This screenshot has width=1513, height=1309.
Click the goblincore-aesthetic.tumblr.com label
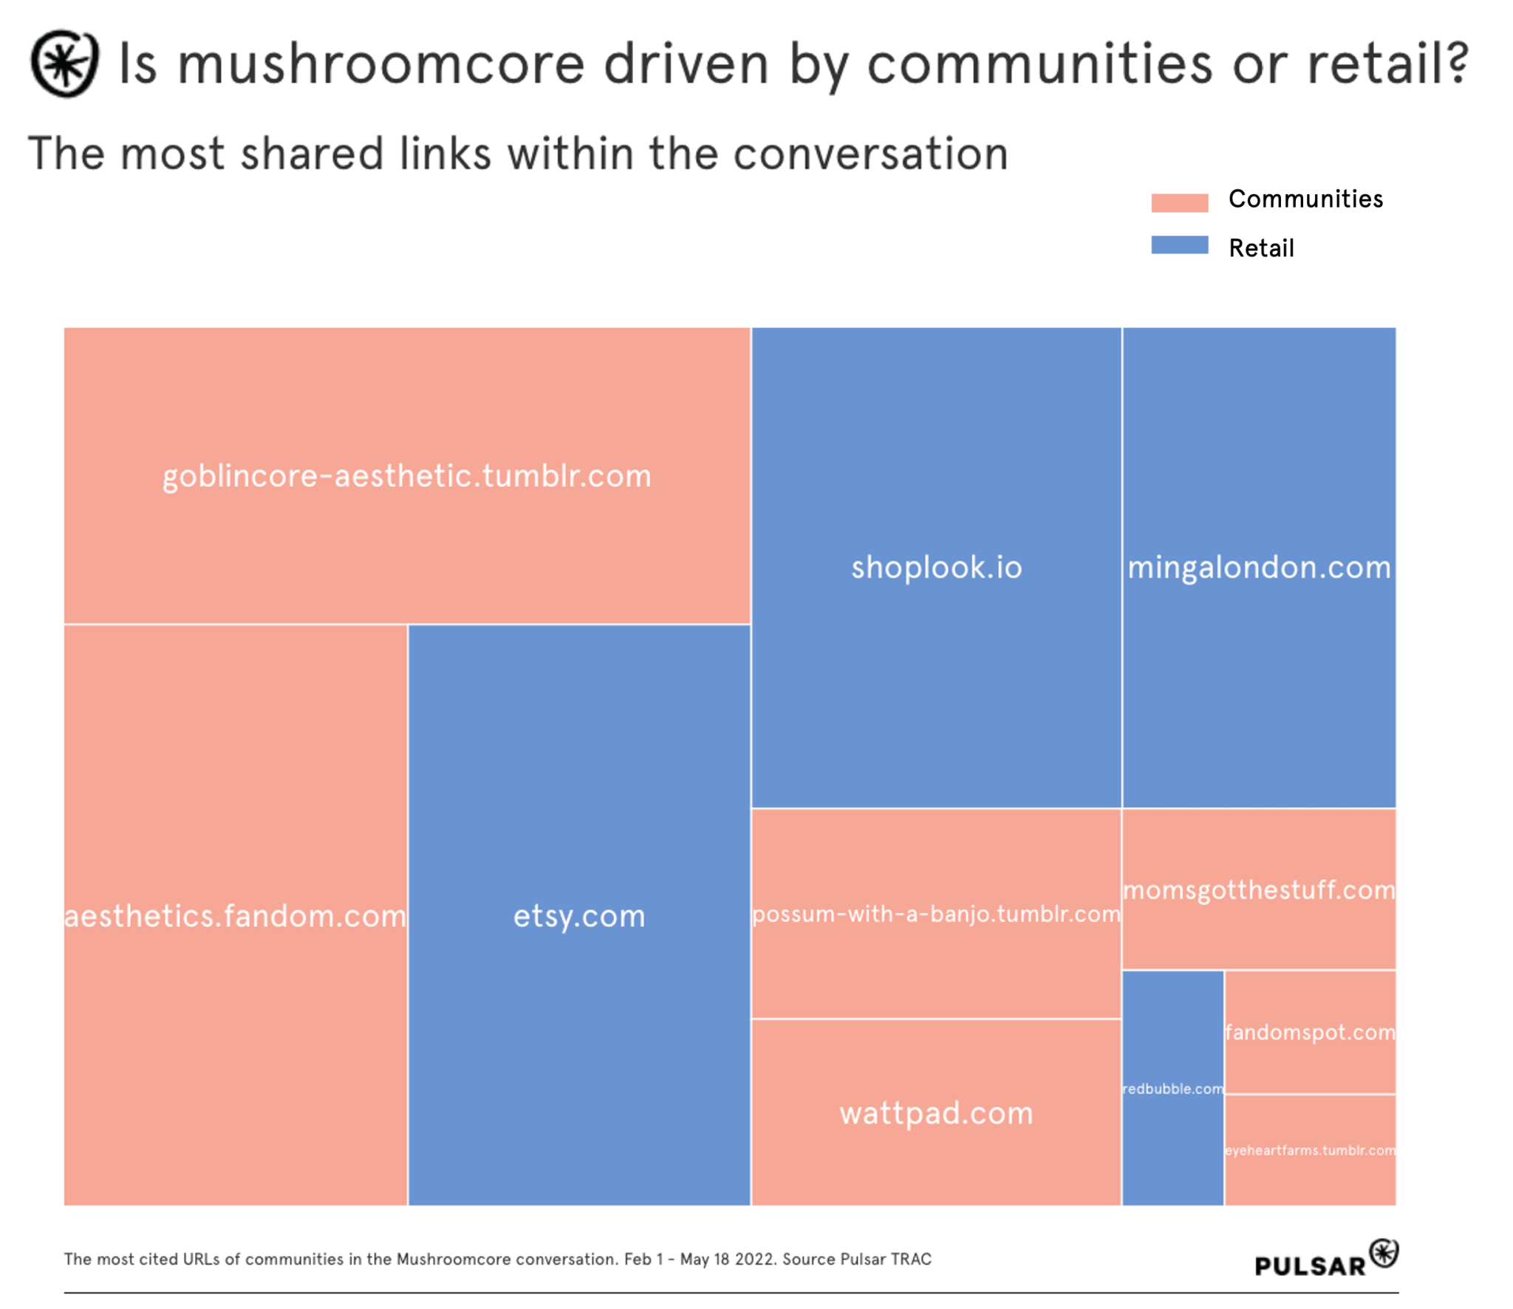407,476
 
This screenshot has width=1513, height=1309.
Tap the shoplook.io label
936,567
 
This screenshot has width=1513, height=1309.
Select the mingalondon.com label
1259,567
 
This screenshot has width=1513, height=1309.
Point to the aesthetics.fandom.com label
235,916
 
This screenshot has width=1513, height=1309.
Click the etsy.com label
579,916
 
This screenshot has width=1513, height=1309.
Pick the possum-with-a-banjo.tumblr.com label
936,914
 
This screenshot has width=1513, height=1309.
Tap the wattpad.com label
936,1113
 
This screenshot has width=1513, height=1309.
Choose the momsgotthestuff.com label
1259,889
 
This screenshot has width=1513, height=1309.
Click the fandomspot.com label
1310,1032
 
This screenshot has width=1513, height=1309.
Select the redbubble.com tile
1172,1089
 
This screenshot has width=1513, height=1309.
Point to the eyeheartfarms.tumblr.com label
1310,1150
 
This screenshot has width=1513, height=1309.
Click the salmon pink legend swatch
1180,204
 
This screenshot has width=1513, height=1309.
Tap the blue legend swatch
1180,245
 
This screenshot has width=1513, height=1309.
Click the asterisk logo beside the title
64,64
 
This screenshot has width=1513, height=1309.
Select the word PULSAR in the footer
1310,1266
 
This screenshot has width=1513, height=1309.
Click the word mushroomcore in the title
382,64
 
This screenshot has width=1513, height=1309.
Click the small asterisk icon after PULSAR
1384,1253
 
